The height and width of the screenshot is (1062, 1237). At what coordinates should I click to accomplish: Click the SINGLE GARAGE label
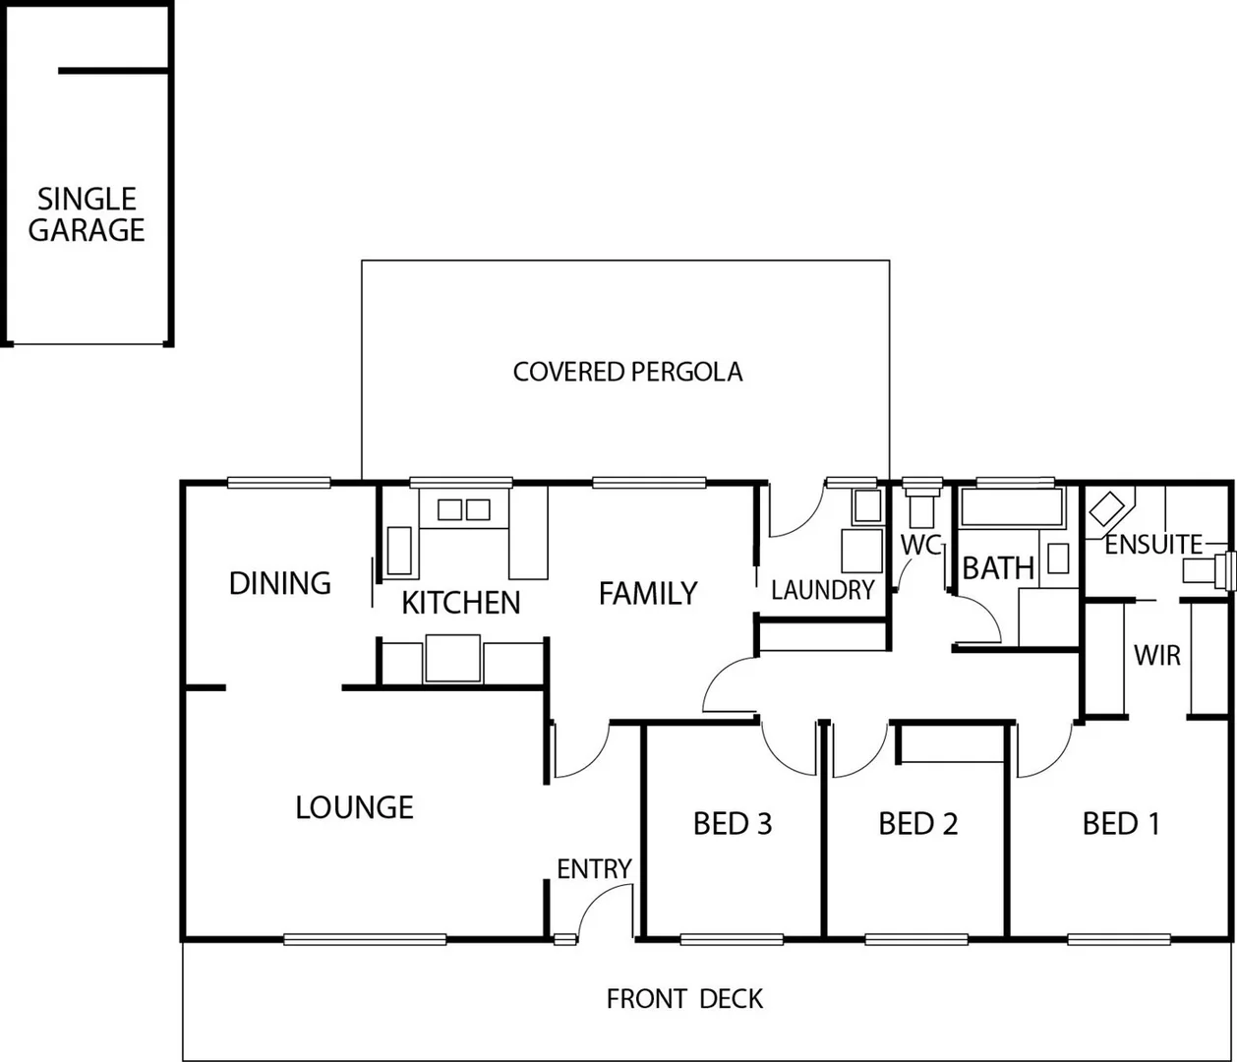[87, 214]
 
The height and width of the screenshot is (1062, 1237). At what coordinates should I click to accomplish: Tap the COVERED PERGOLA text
[627, 372]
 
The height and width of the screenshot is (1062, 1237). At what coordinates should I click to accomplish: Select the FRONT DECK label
[684, 999]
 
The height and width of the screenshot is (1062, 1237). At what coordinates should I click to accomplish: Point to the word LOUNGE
[354, 807]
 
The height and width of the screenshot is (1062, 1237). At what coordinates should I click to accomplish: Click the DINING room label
[279, 583]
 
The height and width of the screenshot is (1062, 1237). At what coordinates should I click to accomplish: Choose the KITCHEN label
[460, 602]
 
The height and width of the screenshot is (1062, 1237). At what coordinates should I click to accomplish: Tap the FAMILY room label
[648, 593]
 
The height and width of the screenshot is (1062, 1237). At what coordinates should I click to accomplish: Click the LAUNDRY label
[822, 590]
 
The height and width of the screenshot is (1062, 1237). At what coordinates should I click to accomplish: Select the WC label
[920, 545]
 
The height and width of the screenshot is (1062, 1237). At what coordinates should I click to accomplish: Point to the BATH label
[997, 567]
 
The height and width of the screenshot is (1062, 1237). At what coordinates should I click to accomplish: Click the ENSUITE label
[1152, 544]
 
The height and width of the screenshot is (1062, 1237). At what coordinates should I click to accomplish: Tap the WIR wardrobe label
[1156, 655]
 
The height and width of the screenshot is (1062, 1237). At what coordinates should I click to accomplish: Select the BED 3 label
[733, 823]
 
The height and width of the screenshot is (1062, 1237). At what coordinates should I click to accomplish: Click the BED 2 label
[917, 823]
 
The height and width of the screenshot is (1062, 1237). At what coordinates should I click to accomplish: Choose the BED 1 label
[1121, 823]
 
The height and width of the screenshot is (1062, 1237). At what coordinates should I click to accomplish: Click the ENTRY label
[594, 869]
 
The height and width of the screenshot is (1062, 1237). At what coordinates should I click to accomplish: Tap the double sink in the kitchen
[463, 509]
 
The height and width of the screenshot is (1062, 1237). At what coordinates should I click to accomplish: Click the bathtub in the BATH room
[1012, 508]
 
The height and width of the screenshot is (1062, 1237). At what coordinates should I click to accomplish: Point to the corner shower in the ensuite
[1108, 510]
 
